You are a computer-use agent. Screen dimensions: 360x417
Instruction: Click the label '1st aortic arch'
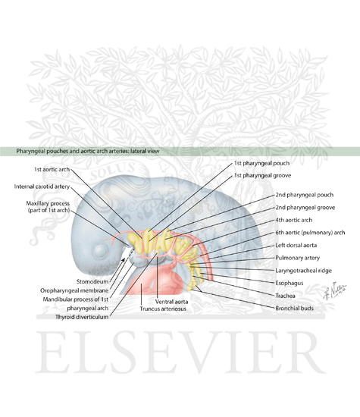pos(52,169)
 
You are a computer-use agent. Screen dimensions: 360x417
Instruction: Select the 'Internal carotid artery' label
pos(42,187)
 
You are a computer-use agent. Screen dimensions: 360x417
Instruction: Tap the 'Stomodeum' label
pos(92,281)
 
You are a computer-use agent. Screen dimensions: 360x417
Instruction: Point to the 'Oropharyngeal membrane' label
pos(74,290)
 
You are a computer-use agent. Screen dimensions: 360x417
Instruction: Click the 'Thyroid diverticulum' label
pos(82,317)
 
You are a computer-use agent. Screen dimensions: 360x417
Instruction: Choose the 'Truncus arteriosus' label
pos(163,309)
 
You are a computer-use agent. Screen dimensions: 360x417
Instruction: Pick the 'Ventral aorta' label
pos(171,302)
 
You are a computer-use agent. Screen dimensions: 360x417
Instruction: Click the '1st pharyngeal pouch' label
pos(261,163)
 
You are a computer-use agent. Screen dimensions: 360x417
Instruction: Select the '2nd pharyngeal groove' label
pos(305,208)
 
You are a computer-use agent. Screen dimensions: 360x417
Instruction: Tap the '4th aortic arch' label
pos(294,220)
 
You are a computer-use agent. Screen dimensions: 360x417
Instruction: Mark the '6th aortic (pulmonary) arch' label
pos(310,233)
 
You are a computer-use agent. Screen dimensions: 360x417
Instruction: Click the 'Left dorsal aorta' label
pos(296,245)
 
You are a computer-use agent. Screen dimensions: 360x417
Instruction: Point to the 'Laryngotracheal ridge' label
pos(303,271)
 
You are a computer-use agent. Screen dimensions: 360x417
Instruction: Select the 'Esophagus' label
pos(290,283)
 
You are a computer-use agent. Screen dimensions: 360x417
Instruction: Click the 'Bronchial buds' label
pos(294,309)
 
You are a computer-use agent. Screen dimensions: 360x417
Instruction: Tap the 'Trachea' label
pos(285,296)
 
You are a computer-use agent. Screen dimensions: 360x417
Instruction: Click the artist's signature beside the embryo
pos(334,290)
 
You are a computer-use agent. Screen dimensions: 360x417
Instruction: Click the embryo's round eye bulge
pos(100,251)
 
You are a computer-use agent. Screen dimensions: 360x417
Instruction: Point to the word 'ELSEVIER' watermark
pos(180,352)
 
